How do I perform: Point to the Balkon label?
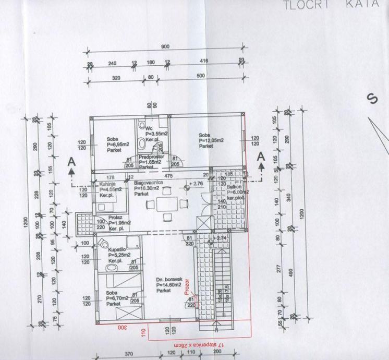(x=233, y=186)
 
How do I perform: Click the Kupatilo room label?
(x=116, y=249)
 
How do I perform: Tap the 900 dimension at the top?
(x=165, y=47)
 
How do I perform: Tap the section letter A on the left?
(x=72, y=162)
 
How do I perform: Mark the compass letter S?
(x=372, y=99)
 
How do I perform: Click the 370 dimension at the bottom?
(x=129, y=354)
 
